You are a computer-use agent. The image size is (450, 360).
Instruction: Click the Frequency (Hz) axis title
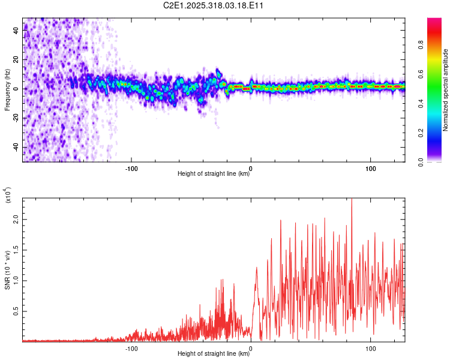(x=7, y=89)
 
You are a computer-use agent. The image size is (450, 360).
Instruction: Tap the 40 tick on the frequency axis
(x=16, y=30)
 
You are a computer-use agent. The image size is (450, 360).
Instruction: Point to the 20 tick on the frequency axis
(x=16, y=59)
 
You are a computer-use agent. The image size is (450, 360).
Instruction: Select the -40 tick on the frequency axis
(x=16, y=147)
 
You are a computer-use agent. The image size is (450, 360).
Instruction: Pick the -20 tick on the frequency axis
(x=16, y=118)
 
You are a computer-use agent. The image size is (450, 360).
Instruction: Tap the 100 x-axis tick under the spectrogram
(x=371, y=169)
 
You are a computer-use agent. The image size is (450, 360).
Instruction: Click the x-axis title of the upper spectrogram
(x=214, y=175)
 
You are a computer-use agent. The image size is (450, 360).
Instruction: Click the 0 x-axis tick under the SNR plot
(x=251, y=348)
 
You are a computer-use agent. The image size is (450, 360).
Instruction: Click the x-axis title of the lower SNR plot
(x=214, y=354)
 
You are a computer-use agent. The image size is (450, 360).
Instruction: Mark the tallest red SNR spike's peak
(x=352, y=199)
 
